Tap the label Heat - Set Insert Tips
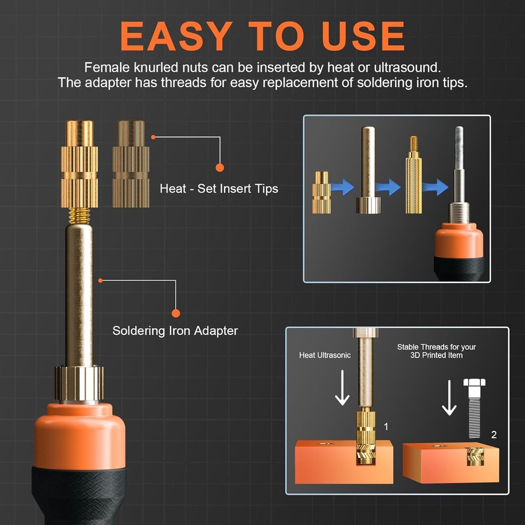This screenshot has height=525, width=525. [x=219, y=188]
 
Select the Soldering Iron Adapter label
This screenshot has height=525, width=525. [x=175, y=331]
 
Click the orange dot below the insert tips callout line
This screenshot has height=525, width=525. [x=219, y=167]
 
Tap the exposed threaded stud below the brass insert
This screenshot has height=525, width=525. [x=79, y=215]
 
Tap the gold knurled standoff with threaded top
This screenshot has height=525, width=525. [x=413, y=178]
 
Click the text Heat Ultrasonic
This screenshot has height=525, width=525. [x=324, y=355]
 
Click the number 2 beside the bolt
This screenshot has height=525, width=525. [x=493, y=435]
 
